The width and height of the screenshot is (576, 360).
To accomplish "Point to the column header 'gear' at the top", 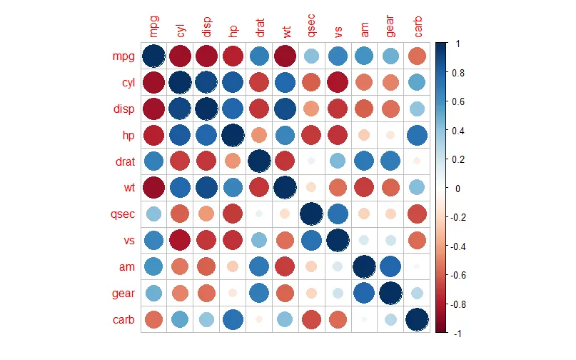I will click(x=390, y=24).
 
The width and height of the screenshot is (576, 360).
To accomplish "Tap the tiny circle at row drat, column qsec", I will click(x=311, y=161).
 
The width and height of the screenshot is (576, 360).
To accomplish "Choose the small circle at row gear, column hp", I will click(x=232, y=292).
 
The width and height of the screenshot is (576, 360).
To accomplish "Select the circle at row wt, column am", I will click(x=364, y=187).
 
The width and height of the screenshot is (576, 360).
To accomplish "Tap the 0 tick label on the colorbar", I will click(x=457, y=188).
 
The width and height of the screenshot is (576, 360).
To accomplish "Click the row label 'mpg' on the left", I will click(x=122, y=55).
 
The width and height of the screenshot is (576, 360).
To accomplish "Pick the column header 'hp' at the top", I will click(x=232, y=29).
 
